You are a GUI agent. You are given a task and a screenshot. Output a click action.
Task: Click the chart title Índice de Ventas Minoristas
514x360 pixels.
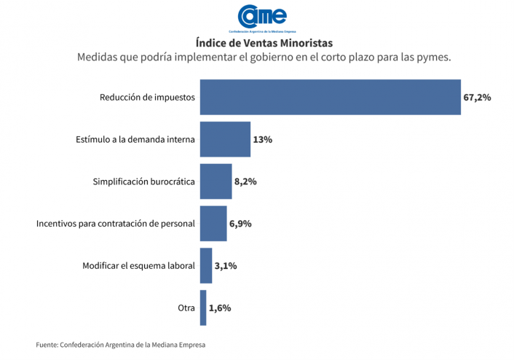(264, 43)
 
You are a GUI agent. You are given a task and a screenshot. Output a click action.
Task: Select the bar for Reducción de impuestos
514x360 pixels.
(330, 97)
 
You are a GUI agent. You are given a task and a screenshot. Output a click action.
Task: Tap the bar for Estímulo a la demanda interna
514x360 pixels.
(225, 139)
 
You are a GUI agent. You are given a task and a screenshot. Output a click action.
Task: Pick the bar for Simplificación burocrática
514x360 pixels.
(216, 181)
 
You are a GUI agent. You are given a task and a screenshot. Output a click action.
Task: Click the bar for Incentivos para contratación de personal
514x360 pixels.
(213, 224)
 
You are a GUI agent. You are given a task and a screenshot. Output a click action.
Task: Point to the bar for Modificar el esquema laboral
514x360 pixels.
(205, 266)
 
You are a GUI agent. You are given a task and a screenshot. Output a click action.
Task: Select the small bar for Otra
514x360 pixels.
(203, 308)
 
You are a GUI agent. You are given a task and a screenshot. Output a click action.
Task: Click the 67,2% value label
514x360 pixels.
(477, 97)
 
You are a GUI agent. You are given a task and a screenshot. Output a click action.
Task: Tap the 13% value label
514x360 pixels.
(262, 139)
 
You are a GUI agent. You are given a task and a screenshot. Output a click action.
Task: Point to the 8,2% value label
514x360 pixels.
(245, 181)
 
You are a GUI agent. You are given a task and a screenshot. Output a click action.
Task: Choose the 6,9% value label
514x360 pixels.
(240, 224)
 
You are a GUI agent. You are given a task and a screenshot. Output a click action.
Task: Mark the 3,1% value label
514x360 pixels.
(226, 266)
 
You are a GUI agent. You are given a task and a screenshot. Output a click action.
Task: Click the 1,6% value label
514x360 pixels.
(220, 308)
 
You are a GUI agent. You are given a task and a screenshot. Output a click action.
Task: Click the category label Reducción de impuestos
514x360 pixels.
(148, 97)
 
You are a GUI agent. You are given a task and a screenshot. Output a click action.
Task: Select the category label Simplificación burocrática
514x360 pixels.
(144, 181)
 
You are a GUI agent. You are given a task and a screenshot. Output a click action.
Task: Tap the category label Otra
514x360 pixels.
(186, 308)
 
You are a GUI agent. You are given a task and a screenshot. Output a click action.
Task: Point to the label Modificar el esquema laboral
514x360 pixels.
(138, 266)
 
